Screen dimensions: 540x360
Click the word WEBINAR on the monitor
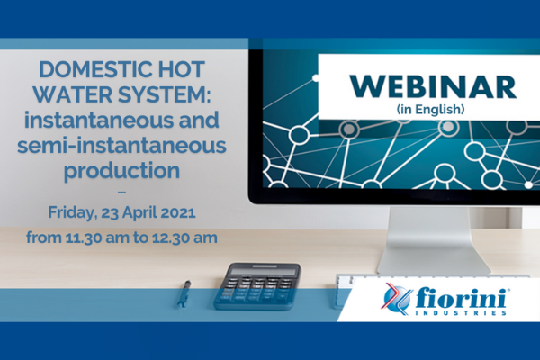coord(433,87)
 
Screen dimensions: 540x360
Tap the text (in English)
coord(431,109)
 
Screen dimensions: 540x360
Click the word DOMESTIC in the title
coord(95,69)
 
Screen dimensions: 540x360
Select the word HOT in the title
coord(182,69)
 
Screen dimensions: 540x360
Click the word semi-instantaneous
coord(121,146)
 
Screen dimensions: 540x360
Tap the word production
coord(121,171)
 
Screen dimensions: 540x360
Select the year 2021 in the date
coord(178,212)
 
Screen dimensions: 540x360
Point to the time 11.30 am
coord(89,238)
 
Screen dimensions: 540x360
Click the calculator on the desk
coord(257,286)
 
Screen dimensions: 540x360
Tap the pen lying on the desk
coord(184,293)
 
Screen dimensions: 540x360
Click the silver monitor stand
coord(433,240)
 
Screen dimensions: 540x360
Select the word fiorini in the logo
coord(461,297)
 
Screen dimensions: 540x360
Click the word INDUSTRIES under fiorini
coord(461,313)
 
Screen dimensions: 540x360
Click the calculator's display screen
coord(264,272)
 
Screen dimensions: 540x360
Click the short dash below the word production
coord(121,192)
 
